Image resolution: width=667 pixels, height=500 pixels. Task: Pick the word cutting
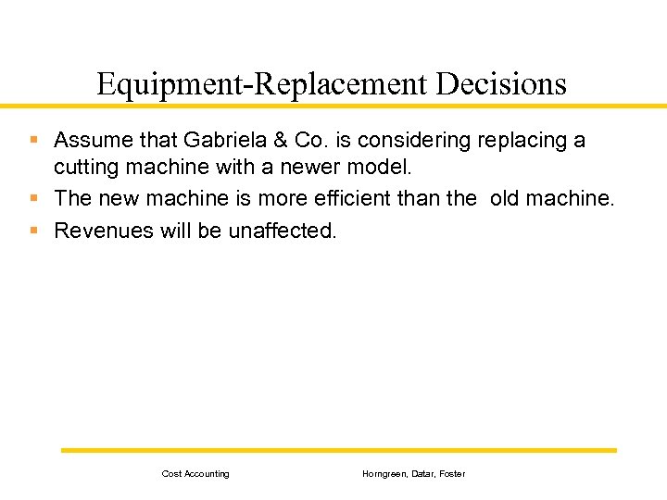(x=85, y=168)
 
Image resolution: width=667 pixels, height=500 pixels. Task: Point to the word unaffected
(x=283, y=230)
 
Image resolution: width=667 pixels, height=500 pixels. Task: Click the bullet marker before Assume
(x=34, y=141)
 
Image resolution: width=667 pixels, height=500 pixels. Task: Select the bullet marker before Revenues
(x=34, y=229)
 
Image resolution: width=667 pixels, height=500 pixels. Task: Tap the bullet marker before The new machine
(x=34, y=197)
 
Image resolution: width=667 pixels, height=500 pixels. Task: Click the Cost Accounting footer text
(x=195, y=474)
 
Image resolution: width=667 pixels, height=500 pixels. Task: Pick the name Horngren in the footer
(x=383, y=474)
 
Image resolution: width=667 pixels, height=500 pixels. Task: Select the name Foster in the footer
(x=452, y=474)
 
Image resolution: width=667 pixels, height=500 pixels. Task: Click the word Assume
(x=89, y=141)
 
